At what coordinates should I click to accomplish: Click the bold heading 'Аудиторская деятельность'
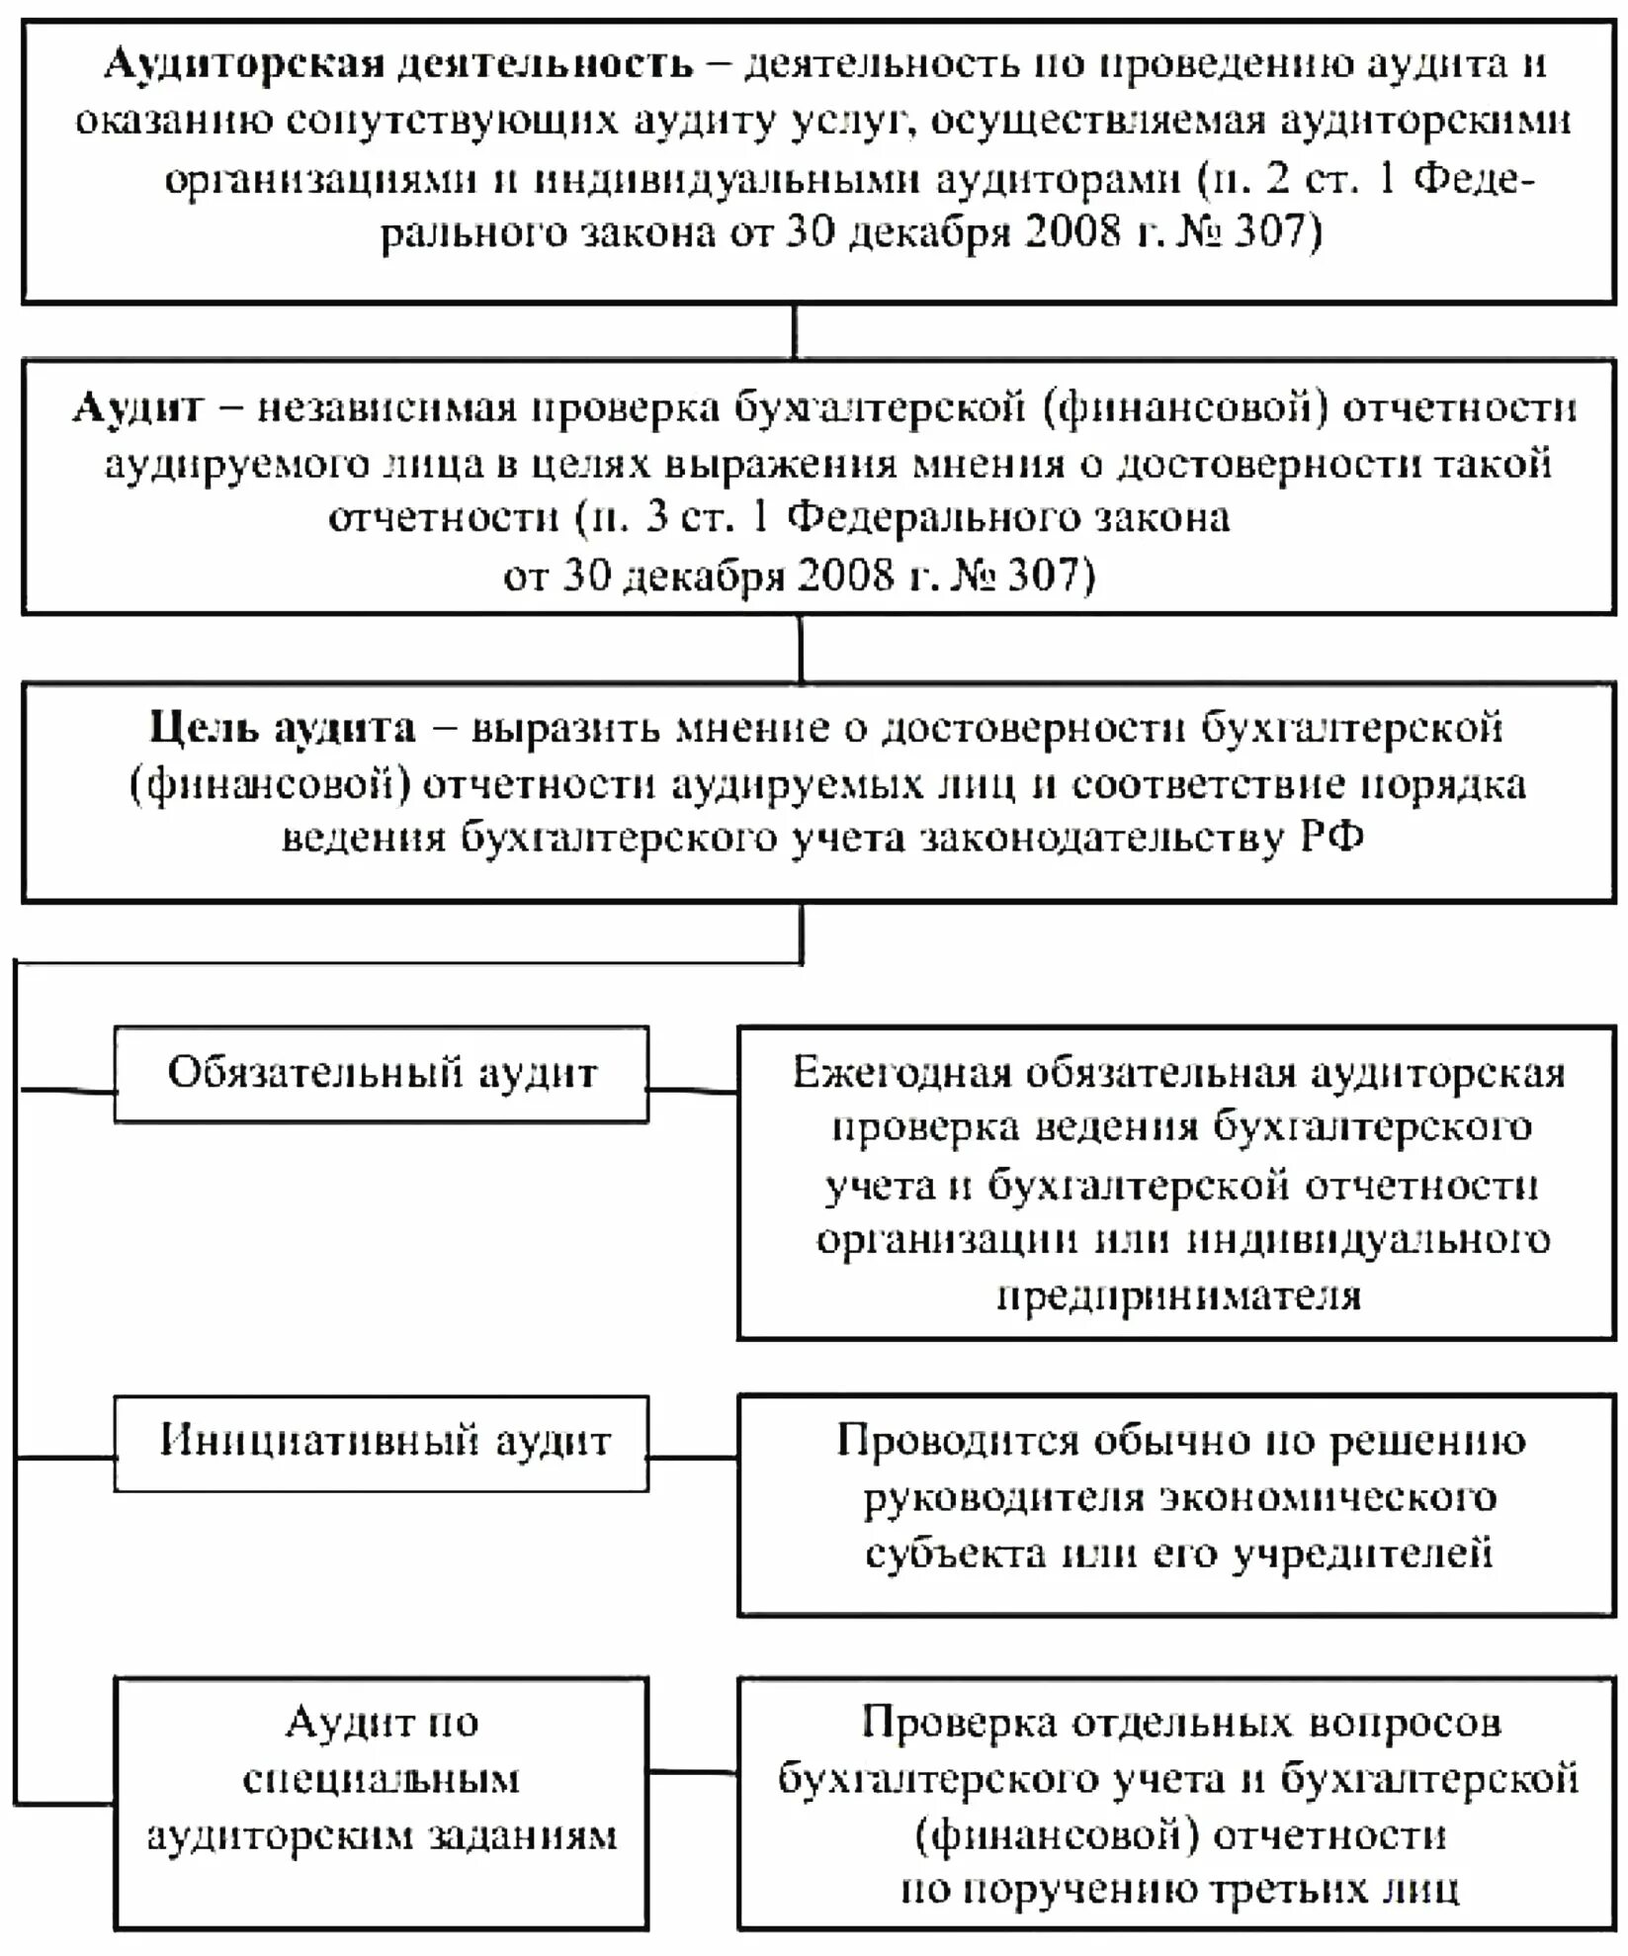pos(399,65)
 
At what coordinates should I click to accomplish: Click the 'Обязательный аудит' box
pos(382,1074)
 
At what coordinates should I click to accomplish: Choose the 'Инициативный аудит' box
pos(382,1443)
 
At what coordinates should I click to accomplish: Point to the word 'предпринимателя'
pos(1178,1295)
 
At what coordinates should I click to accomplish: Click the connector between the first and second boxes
pos(795,331)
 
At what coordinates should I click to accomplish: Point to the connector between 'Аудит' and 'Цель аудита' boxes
pos(800,649)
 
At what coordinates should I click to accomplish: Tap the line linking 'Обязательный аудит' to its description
pos(693,1091)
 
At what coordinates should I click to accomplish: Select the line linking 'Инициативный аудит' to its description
pos(693,1457)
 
